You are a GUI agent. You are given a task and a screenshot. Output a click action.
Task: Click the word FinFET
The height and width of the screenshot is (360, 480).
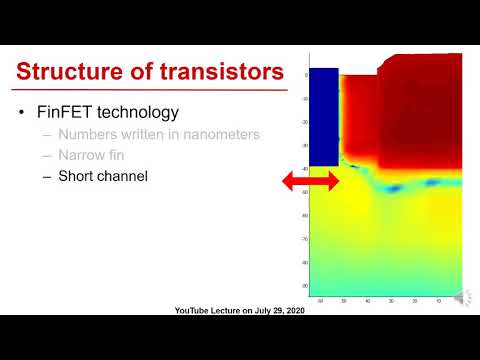tap(68, 112)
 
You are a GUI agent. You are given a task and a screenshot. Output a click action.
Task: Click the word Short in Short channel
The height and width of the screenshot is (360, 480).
tap(78, 176)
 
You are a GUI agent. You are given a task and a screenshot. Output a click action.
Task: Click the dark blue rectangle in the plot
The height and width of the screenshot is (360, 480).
tap(323, 116)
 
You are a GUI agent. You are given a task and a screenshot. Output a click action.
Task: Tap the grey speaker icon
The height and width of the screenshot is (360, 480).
tap(462, 297)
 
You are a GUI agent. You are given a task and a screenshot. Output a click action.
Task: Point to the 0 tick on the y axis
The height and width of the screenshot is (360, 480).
tap(306, 74)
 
